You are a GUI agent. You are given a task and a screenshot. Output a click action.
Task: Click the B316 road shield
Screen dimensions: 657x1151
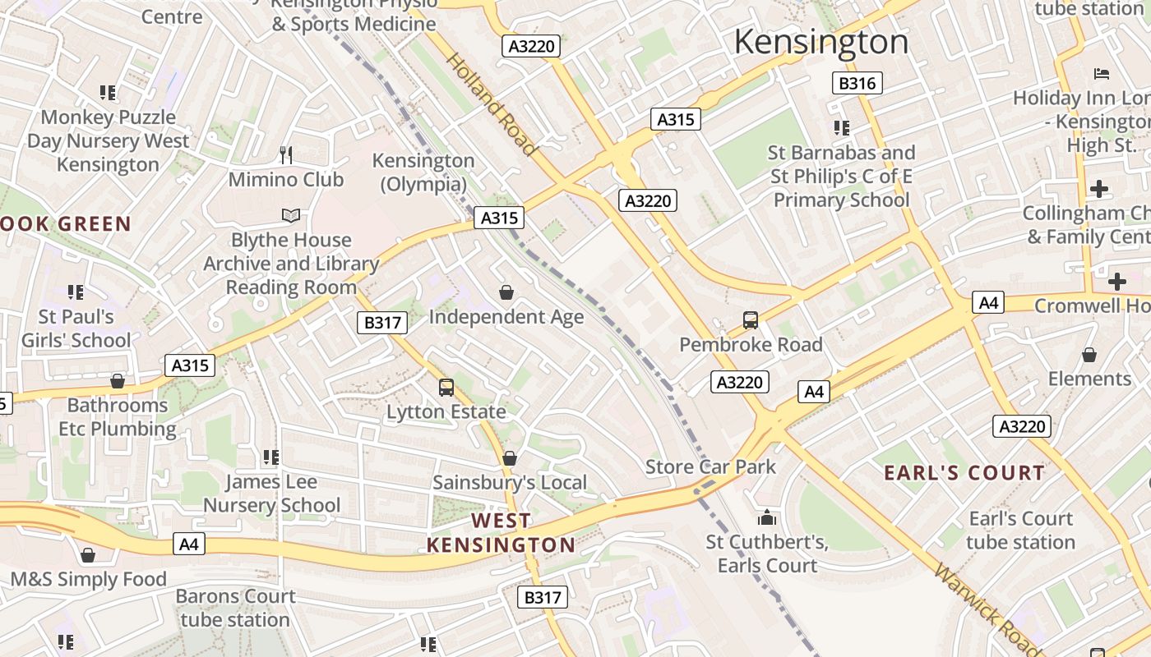[857, 83]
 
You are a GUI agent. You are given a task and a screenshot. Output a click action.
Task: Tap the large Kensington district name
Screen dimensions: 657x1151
[820, 42]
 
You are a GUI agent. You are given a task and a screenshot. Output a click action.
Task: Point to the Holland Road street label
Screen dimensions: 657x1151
[492, 104]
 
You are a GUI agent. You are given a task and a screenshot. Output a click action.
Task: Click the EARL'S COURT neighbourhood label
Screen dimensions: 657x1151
[964, 473]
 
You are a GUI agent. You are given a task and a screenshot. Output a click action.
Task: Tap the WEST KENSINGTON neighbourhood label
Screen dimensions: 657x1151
[501, 533]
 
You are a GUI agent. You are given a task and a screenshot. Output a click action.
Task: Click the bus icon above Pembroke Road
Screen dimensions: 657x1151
[750, 320]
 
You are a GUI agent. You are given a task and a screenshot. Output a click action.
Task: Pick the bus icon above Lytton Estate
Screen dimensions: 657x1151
[446, 388]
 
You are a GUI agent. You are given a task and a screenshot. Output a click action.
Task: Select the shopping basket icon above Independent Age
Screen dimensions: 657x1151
[506, 292]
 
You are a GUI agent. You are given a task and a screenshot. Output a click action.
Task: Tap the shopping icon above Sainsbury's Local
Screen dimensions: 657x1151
[510, 458]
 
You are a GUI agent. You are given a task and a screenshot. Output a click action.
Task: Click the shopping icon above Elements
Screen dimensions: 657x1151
[1089, 355]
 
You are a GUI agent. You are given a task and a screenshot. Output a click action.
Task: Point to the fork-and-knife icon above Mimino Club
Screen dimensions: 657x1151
[286, 155]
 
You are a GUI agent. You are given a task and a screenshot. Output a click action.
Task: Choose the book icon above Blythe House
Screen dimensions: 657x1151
[290, 216]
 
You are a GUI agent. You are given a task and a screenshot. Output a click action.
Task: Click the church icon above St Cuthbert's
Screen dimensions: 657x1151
[767, 518]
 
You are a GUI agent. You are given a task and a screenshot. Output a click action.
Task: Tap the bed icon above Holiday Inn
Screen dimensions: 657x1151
[1102, 74]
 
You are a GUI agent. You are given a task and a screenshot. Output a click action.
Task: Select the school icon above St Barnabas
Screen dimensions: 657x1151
[841, 128]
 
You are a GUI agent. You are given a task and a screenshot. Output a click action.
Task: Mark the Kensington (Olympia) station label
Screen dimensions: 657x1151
[423, 172]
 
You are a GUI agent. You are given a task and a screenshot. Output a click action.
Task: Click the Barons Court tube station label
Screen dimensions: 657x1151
[235, 608]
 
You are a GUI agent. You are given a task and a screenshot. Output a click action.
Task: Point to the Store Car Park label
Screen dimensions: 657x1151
[710, 467]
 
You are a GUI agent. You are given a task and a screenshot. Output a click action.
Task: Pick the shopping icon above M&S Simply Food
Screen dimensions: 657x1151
[88, 556]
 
